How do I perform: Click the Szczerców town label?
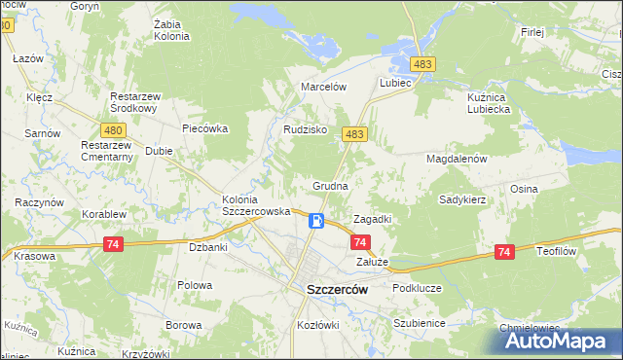pos(336,289)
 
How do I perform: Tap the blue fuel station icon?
pos(316,221)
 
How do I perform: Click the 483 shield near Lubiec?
pos(421,64)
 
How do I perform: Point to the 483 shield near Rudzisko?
pos(354,134)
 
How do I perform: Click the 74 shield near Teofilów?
pos(503,252)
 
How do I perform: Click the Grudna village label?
pos(330,184)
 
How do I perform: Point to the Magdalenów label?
pos(456,158)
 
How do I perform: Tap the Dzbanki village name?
pos(208,247)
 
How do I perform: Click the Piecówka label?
pos(204,127)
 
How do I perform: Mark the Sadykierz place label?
pos(462,198)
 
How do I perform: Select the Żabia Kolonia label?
pos(171,30)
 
